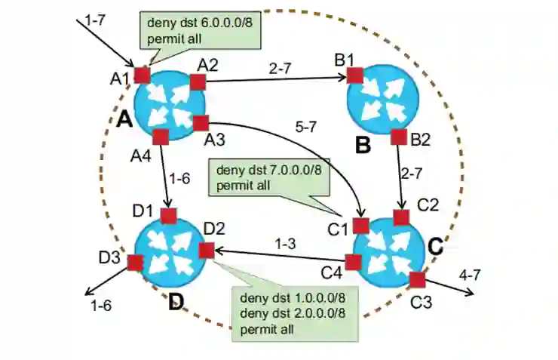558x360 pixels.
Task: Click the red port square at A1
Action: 142,75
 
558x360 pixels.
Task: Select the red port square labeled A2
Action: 198,82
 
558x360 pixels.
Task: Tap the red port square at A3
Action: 201,122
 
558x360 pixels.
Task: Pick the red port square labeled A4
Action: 160,137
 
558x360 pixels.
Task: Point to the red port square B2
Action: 399,137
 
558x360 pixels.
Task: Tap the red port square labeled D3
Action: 136,263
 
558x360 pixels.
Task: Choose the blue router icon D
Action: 171,250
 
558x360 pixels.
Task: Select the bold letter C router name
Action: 434,246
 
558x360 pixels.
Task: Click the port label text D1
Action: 144,209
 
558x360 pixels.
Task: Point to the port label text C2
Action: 428,204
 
